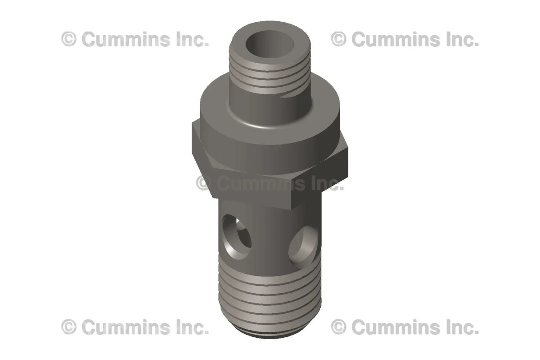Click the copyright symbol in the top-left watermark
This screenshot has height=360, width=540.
pos(69,39)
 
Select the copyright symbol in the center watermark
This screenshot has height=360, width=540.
pos(203,183)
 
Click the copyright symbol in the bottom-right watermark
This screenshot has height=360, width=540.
pos(339,327)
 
